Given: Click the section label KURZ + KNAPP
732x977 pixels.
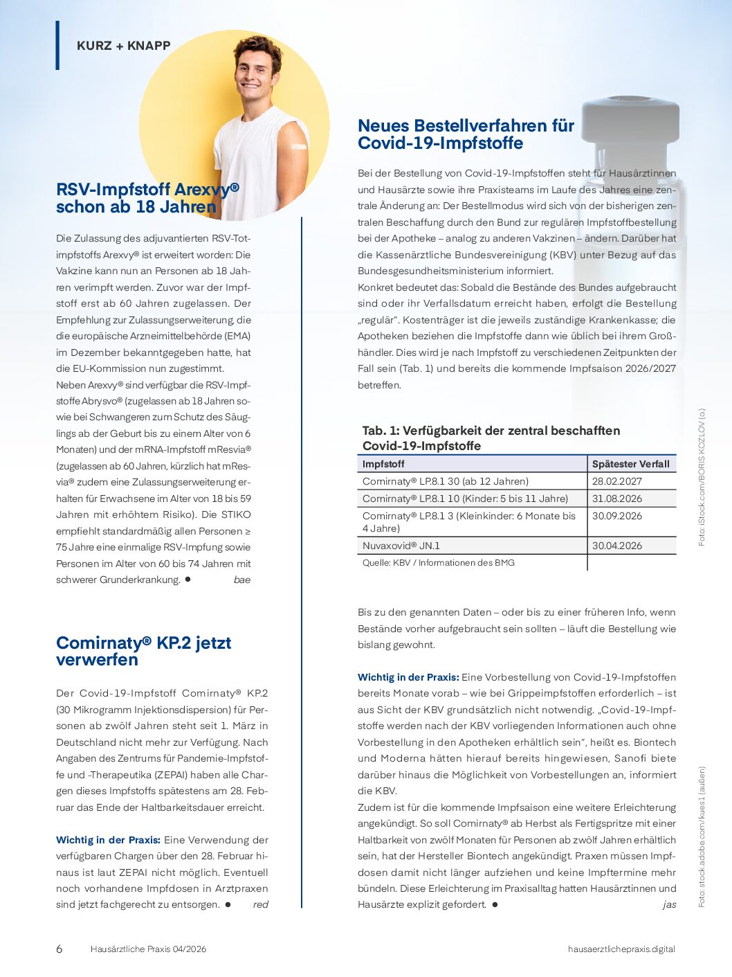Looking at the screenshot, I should (123, 46).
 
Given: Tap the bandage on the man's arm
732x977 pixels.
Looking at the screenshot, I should (298, 147).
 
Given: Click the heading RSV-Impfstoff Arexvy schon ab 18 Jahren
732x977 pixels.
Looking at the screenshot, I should (147, 198).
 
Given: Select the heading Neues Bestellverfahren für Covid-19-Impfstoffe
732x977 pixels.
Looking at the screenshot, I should (466, 134).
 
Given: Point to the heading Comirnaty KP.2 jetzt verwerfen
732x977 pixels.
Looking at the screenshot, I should (143, 651).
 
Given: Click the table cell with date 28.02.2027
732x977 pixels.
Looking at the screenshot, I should (616, 481).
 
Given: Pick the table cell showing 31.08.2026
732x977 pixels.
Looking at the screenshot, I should (616, 499).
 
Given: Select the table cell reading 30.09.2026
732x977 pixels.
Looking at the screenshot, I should (616, 516).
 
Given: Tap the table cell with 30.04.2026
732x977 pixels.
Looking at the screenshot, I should (616, 546).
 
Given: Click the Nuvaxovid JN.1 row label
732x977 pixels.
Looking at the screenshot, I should (401, 546).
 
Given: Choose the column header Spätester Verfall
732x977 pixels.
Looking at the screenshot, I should (630, 464).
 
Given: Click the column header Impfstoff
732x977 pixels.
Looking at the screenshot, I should (383, 464).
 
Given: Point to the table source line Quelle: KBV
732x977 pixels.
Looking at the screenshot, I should (438, 563).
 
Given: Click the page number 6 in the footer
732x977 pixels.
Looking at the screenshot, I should (59, 949).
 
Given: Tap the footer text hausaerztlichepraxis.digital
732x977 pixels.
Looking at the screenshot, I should (621, 949).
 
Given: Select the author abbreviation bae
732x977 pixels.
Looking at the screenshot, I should (241, 580).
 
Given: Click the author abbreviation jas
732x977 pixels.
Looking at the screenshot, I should (669, 904).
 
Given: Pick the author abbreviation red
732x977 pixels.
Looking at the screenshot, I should (260, 904).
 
